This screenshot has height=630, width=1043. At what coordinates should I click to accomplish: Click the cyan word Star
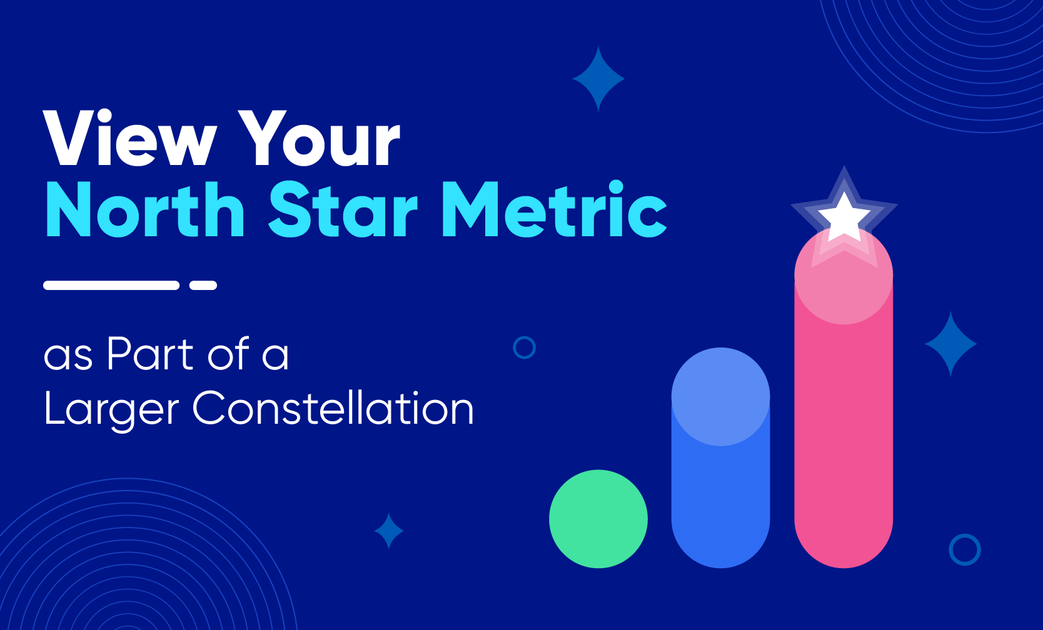pos(343,209)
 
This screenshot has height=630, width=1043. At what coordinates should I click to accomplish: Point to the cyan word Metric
pos(554,209)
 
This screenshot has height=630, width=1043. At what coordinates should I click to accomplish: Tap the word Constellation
pos(333,408)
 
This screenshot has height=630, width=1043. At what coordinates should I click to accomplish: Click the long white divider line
pos(111,285)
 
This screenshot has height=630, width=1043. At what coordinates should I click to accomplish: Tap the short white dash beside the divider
pos(203,285)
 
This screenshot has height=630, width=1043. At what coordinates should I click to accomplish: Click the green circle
pos(598,519)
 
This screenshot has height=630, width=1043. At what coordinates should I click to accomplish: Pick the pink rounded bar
pos(844,419)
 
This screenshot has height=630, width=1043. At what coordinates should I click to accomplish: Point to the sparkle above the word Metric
pos(598,79)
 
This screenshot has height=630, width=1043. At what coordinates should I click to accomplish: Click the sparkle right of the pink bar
pos(951,344)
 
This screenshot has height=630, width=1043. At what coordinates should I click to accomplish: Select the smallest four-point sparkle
pos(389,531)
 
